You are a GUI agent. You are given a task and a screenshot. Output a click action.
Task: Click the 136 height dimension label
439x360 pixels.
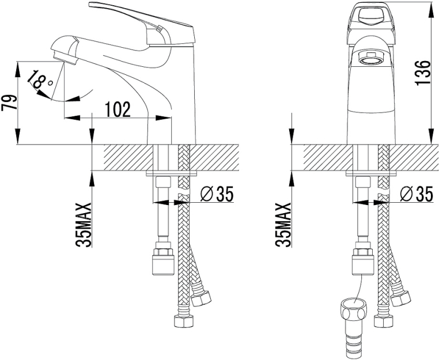pos(422,73)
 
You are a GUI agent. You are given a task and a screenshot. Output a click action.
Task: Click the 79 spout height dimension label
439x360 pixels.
pos(9,103)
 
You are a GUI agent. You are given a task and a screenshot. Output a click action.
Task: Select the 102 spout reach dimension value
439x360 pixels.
pos(118,109)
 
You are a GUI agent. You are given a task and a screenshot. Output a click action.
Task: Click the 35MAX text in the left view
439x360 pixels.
pos(84,225)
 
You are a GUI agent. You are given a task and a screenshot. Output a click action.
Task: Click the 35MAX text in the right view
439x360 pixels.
pos(283,225)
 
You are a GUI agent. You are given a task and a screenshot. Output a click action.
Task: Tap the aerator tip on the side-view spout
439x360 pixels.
pos(64,58)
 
